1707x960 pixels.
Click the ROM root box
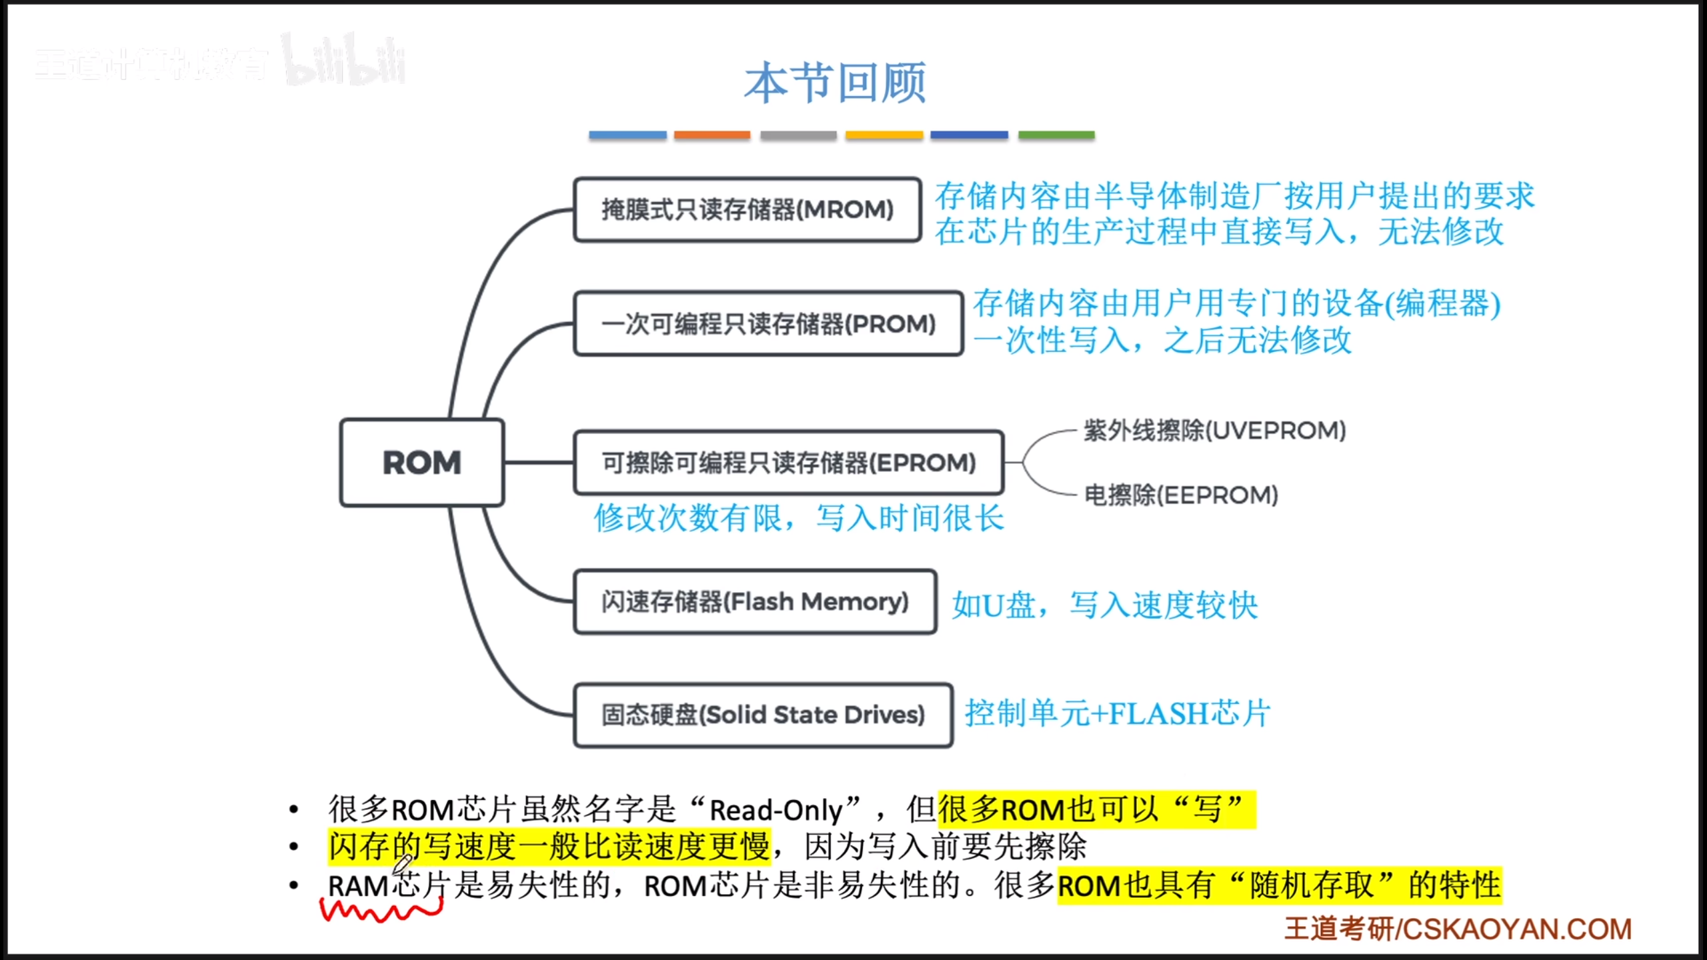coord(421,463)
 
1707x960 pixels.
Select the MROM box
coord(747,209)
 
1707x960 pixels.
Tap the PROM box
coord(768,323)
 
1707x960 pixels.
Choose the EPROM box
coord(788,462)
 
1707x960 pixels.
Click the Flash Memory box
coord(755,601)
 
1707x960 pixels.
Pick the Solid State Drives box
coord(763,715)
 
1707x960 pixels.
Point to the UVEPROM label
coord(1214,431)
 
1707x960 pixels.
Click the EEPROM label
coord(1181,495)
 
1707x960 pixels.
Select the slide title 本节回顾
coord(835,83)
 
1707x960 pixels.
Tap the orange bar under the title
coord(711,135)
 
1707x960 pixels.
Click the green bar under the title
coord(1056,135)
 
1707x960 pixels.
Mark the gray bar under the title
coord(798,135)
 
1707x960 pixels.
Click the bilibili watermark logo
coord(344,61)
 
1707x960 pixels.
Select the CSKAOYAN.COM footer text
coord(1517,929)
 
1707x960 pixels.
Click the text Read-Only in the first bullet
coord(776,810)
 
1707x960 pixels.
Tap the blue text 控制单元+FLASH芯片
coord(1118,713)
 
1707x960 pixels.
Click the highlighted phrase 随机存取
coord(1312,886)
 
